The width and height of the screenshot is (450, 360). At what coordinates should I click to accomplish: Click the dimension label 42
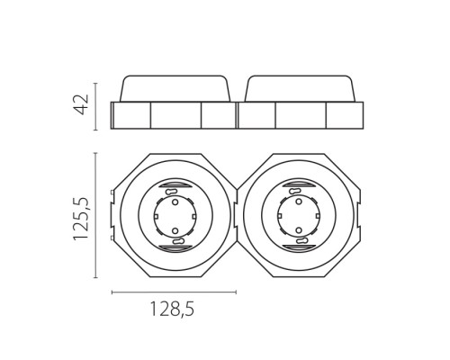[81, 104]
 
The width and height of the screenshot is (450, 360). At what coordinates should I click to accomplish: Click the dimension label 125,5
[81, 220]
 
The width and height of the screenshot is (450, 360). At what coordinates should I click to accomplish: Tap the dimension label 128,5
[172, 309]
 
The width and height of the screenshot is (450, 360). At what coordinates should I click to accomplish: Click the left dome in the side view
[175, 88]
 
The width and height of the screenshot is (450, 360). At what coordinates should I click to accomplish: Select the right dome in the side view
[301, 88]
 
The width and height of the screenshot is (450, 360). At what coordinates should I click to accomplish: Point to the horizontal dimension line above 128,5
[174, 292]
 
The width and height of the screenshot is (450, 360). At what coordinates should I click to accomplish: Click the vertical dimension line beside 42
[95, 106]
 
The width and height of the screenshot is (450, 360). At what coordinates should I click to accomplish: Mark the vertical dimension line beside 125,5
[95, 215]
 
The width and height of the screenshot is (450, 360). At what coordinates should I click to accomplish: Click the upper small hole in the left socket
[175, 202]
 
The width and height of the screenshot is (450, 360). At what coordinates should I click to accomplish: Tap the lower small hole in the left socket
[175, 230]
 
